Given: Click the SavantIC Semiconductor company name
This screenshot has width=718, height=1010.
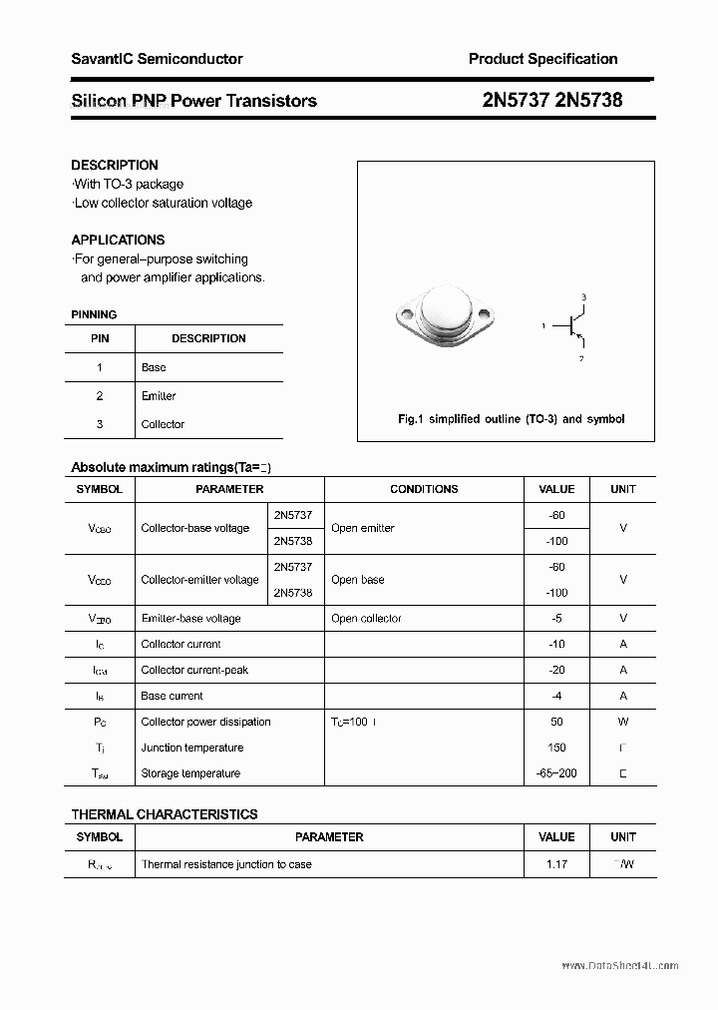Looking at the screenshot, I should [157, 59].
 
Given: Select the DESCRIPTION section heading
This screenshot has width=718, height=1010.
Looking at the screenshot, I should [115, 165].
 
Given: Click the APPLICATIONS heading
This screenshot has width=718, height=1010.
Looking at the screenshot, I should [118, 240].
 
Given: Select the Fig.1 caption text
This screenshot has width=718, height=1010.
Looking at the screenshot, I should [511, 419].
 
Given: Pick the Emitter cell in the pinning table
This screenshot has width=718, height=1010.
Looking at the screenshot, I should [159, 396].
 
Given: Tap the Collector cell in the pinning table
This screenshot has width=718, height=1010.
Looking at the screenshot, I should [163, 424].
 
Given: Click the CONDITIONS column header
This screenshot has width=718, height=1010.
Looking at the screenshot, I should [424, 489].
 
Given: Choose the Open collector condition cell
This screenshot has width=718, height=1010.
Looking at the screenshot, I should [366, 619].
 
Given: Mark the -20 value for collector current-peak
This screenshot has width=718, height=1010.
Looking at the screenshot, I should [556, 671].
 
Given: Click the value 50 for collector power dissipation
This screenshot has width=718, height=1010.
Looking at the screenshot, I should [556, 722].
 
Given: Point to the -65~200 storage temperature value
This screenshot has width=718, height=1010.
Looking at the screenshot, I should [556, 773].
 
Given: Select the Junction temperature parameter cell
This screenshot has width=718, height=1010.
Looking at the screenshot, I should [191, 748].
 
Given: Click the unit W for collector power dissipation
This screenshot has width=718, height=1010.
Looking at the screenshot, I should [623, 722].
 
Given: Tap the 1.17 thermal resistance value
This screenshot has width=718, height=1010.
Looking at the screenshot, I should [556, 864].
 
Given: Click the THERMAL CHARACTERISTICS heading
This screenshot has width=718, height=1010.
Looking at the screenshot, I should [165, 814].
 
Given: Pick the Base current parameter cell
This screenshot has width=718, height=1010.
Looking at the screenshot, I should [172, 696].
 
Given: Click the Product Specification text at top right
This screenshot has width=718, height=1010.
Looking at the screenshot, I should [542, 59].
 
